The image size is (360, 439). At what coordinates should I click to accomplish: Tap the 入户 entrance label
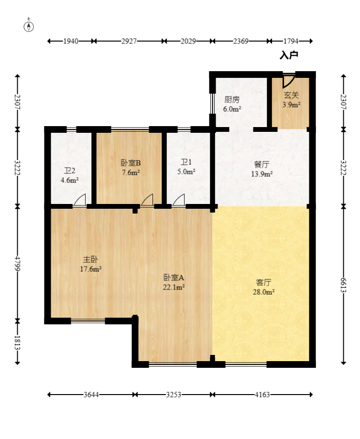pyautogui.click(x=289, y=55)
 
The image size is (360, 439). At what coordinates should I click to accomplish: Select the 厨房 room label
pyautogui.click(x=232, y=99)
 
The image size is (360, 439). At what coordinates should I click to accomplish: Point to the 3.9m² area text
pyautogui.click(x=291, y=105)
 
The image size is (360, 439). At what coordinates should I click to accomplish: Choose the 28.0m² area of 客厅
pyautogui.click(x=263, y=292)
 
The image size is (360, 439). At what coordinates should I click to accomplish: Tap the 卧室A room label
pyautogui.click(x=174, y=278)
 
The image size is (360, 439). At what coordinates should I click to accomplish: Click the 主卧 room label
pyautogui.click(x=90, y=259)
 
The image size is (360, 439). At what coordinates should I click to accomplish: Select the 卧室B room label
pyautogui.click(x=131, y=163)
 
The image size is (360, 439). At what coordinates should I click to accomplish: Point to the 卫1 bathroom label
pyautogui.click(x=186, y=162)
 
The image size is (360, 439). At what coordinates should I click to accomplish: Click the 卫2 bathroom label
pyautogui.click(x=69, y=171)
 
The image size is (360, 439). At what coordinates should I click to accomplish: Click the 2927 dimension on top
pyautogui.click(x=129, y=41)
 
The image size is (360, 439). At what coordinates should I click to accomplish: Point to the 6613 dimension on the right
pyautogui.click(x=343, y=285)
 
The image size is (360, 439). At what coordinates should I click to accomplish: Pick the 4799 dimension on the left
pyautogui.click(x=17, y=263)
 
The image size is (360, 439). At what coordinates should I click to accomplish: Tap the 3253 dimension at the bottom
pyautogui.click(x=174, y=395)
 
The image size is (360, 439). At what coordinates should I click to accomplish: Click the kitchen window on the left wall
pyautogui.click(x=212, y=104)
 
